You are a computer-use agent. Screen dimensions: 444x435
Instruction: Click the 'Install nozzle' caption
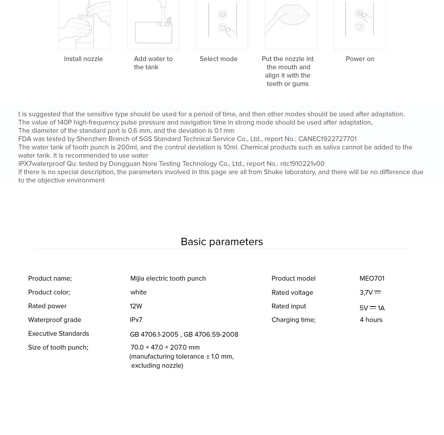click(83, 59)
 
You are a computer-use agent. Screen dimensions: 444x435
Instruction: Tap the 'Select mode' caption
click(218, 59)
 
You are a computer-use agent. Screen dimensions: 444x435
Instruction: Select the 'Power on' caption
click(360, 59)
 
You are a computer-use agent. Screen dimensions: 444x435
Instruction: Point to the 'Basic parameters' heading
click(222, 242)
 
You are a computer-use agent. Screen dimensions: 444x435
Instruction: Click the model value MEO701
click(372, 279)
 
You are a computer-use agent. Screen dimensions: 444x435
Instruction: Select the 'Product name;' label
click(50, 279)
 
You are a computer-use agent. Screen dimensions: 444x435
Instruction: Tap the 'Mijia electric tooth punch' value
click(168, 279)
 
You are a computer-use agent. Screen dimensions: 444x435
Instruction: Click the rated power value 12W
click(136, 306)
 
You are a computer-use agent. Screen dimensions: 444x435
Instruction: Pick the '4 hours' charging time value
click(371, 320)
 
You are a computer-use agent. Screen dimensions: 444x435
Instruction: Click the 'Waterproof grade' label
click(55, 320)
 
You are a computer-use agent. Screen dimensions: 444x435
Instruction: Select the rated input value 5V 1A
click(372, 308)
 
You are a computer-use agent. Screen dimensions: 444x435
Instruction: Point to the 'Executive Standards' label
click(59, 334)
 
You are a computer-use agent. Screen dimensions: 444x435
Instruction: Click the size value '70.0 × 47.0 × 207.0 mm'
click(165, 348)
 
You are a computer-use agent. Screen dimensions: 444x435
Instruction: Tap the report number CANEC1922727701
click(327, 139)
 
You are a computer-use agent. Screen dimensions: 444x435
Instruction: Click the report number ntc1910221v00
click(302, 164)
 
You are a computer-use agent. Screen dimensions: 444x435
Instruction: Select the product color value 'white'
click(138, 292)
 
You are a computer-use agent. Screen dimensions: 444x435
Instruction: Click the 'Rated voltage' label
click(292, 293)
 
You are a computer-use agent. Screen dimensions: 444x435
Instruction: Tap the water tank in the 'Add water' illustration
click(148, 33)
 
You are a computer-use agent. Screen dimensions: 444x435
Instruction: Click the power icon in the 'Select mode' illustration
click(222, 15)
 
